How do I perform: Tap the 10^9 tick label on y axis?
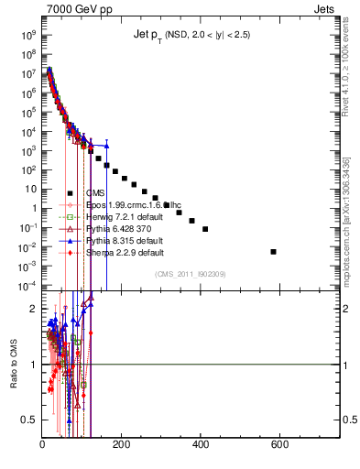tap(28, 35)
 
